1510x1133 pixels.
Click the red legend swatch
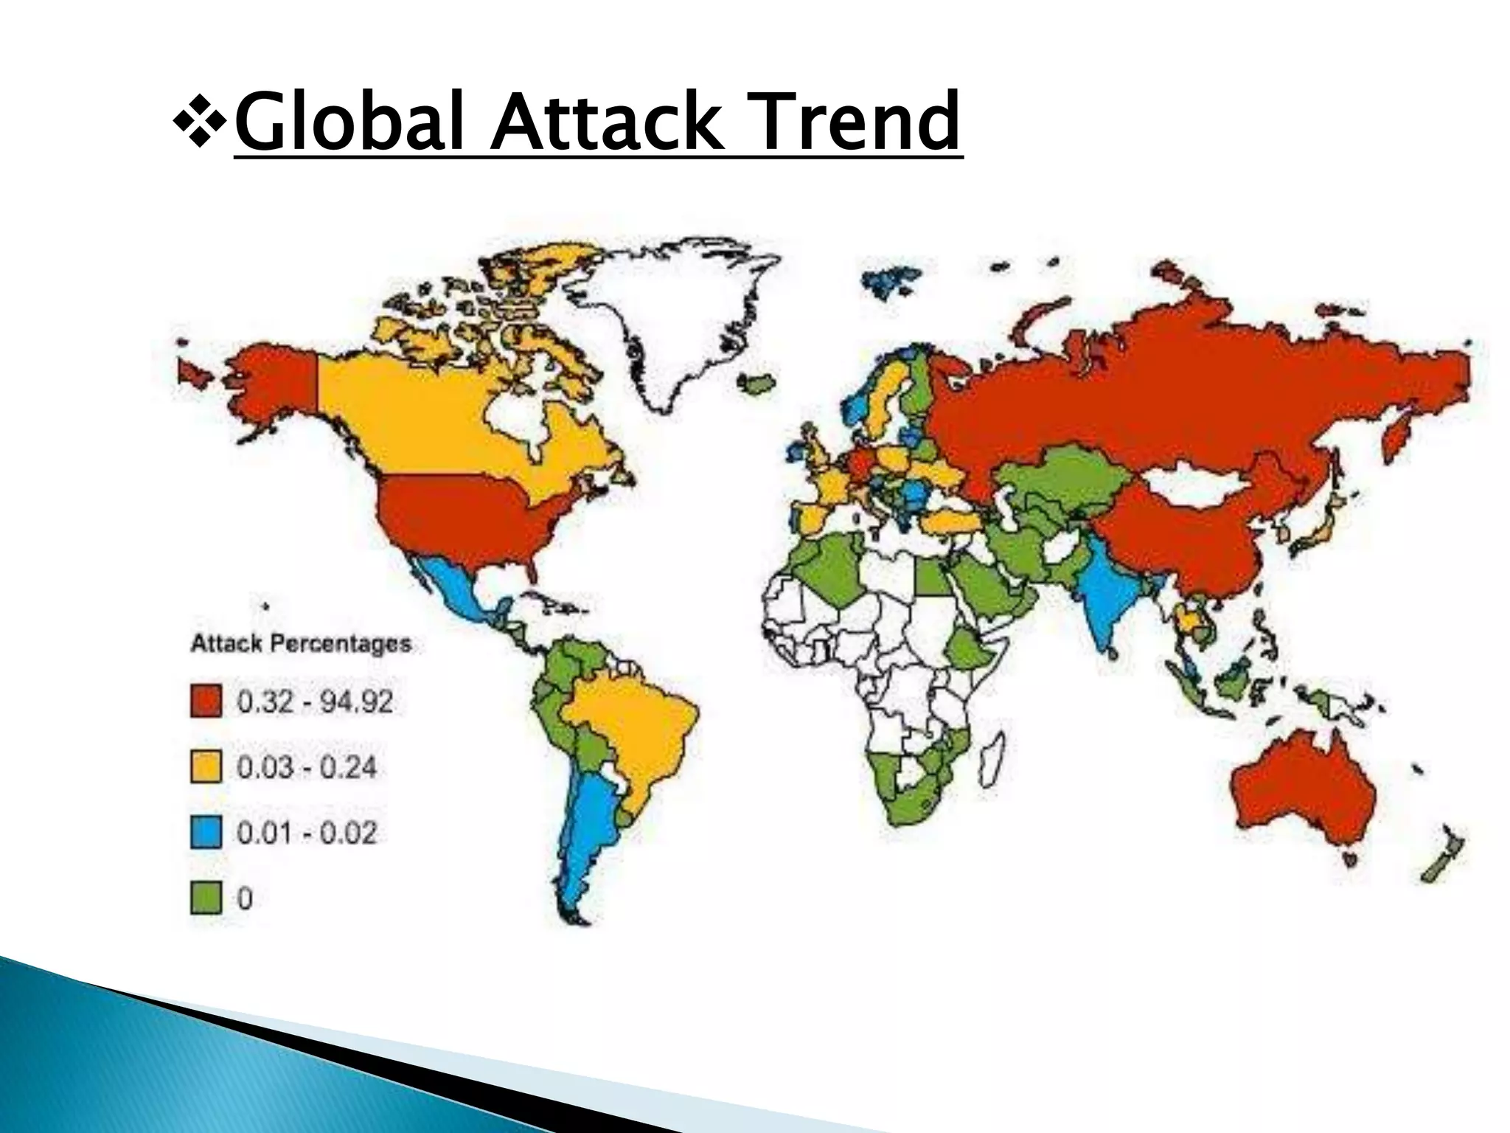click(206, 701)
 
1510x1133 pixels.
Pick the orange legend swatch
click(206, 767)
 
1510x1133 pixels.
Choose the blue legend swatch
click(206, 833)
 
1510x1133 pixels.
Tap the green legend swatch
click(206, 898)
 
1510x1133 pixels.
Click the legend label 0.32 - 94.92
click(315, 701)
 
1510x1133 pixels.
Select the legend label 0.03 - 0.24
click(307, 767)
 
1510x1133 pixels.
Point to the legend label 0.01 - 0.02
click(307, 833)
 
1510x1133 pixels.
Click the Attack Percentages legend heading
click(301, 643)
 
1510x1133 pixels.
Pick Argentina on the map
click(590, 834)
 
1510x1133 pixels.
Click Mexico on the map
click(457, 590)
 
